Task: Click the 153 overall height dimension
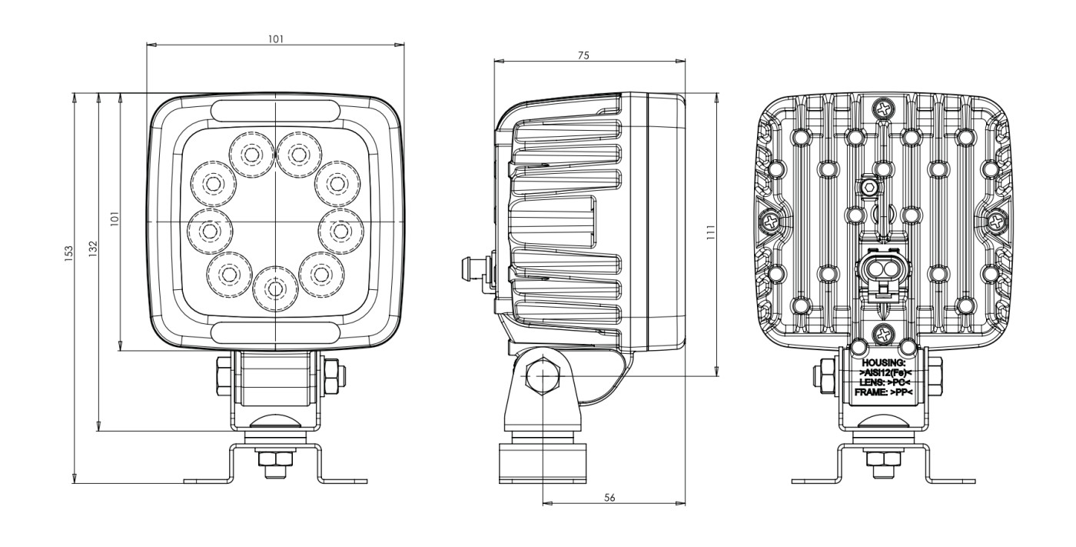coord(68,252)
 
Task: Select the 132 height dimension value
coord(92,248)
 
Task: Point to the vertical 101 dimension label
coord(115,219)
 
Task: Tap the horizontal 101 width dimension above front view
coord(275,38)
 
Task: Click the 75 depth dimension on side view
coord(583,55)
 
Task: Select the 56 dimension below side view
coord(609,499)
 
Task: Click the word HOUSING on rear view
coord(883,362)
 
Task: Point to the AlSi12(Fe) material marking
coord(883,372)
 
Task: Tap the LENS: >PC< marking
coord(883,382)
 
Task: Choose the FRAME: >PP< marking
coord(883,393)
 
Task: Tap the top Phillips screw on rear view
coord(885,110)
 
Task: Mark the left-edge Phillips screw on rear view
coord(770,222)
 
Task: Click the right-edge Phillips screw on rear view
coord(997,222)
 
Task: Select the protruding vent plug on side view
coord(470,268)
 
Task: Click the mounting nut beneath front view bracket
coord(274,460)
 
